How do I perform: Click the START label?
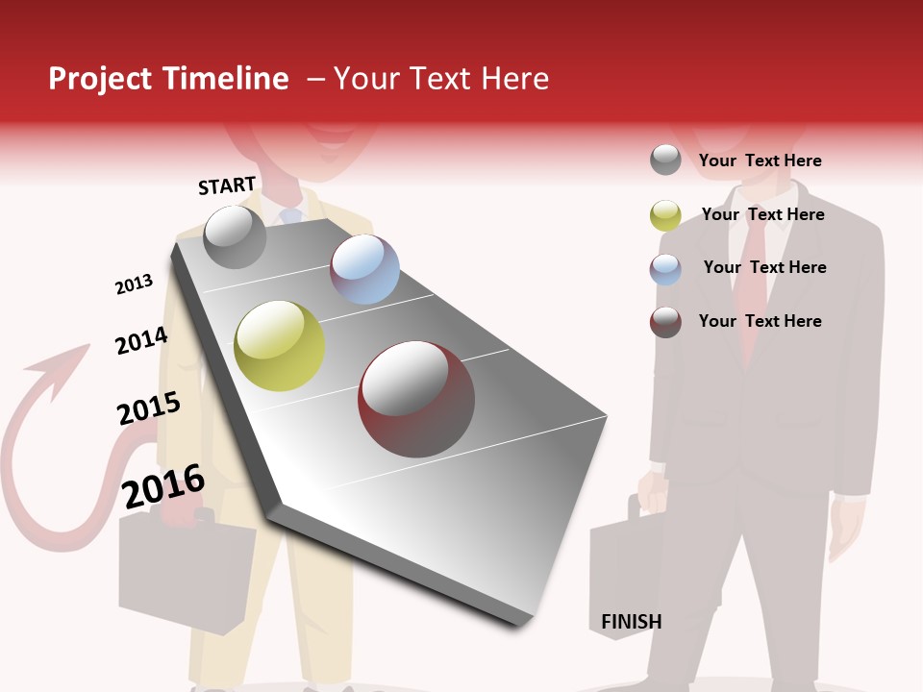click(x=227, y=185)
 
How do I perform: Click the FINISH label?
click(x=631, y=622)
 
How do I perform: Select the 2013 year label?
click(x=134, y=284)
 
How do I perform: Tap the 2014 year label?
click(x=141, y=341)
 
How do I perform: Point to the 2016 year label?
click(x=163, y=486)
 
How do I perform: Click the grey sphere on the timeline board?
click(x=236, y=236)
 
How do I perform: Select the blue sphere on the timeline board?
click(x=364, y=269)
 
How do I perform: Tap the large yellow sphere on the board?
click(x=280, y=346)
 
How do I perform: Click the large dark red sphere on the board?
click(x=416, y=399)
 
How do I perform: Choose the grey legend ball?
click(x=665, y=160)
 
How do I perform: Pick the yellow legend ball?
click(x=665, y=215)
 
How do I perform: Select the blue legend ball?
click(x=665, y=269)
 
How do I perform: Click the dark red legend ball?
click(x=665, y=322)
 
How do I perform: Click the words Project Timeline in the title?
click(x=168, y=79)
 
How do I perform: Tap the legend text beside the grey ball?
click(x=760, y=161)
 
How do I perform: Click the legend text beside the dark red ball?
click(x=760, y=321)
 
